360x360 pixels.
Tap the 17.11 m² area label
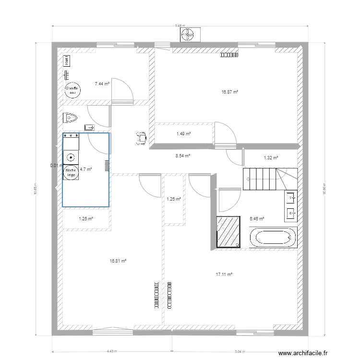click(224, 275)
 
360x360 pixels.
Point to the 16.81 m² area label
click(118, 261)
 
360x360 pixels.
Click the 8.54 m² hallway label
click(183, 156)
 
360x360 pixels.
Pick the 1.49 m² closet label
click(184, 134)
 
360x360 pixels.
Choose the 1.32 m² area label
click(271, 157)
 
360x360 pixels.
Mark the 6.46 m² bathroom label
click(257, 218)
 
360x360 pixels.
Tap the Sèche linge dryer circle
click(71, 172)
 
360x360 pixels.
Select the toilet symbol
click(71, 117)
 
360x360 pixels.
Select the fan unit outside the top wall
click(188, 34)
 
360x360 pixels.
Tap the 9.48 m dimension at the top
click(180, 25)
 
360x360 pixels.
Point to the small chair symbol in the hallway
click(141, 137)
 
